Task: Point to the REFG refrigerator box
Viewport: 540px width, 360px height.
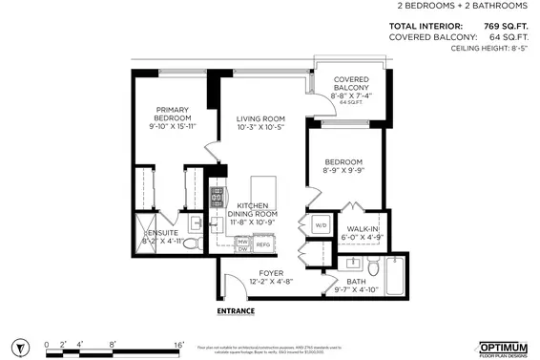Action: tap(262, 244)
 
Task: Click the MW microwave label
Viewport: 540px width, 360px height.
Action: tap(242, 242)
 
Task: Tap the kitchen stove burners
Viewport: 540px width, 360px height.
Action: tap(217, 198)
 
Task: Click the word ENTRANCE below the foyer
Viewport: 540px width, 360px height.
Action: tap(235, 310)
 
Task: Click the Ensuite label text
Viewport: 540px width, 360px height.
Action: tap(161, 237)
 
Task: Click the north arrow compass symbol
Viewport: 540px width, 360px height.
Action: tap(18, 346)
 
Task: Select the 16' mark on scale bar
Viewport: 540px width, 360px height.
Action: tap(178, 344)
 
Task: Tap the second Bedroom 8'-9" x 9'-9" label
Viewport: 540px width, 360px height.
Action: tap(343, 166)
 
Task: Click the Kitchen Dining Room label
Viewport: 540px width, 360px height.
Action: tap(252, 213)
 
